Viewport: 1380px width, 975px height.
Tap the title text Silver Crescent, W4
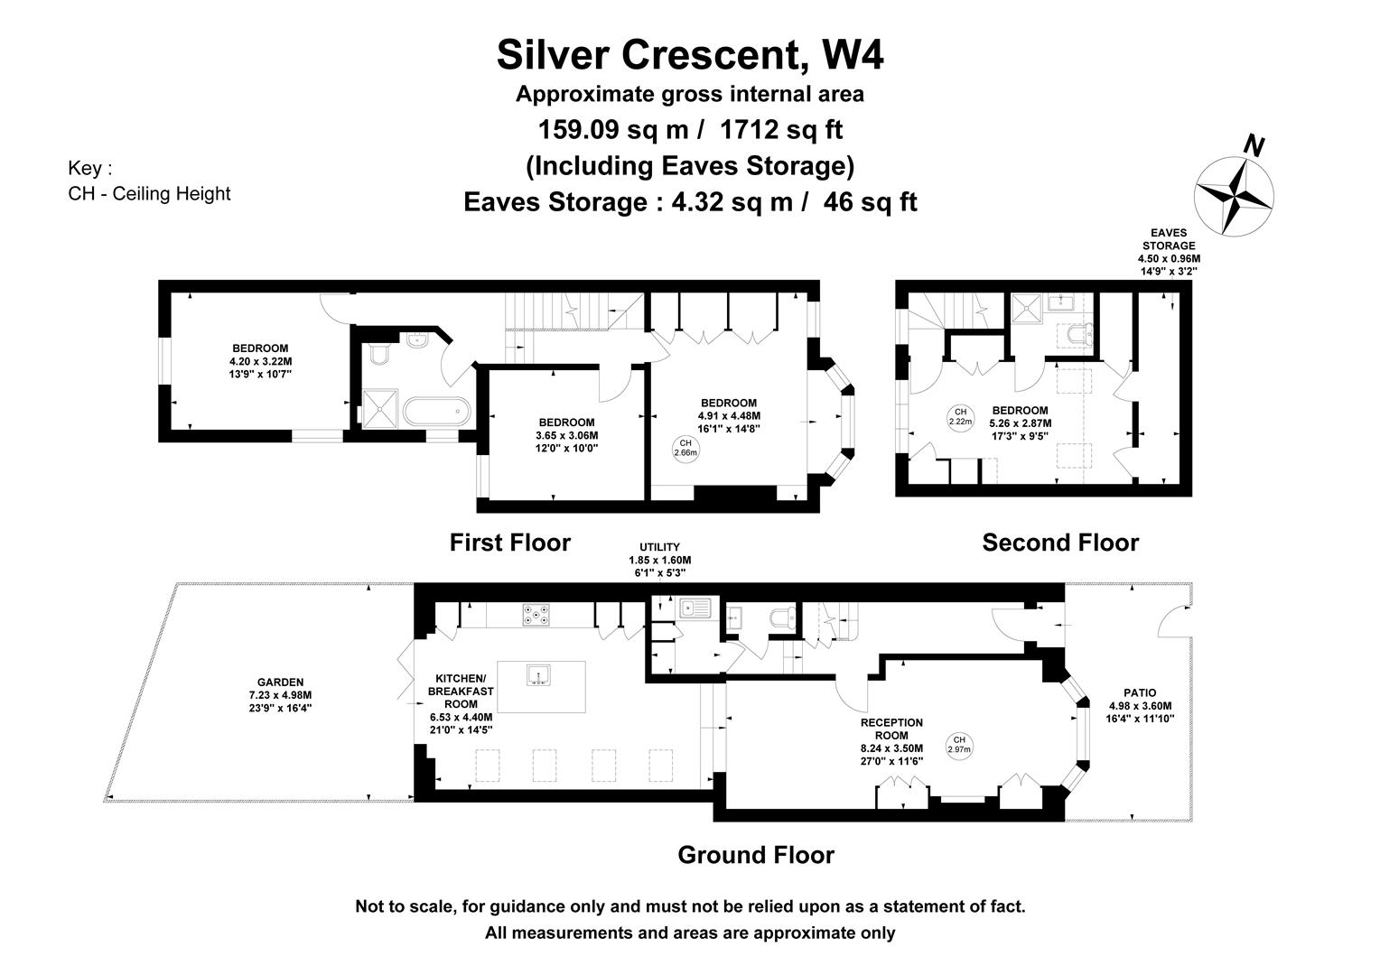(x=690, y=55)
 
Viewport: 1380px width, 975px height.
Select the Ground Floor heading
(x=756, y=855)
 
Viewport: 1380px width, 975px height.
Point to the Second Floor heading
(x=1060, y=543)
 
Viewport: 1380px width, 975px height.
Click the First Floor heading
(x=510, y=543)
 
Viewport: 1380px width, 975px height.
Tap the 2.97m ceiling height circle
(x=959, y=745)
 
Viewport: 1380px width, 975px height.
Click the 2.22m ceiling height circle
(x=960, y=417)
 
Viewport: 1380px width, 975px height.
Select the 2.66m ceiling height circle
(x=685, y=448)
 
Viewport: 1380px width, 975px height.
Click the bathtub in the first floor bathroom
(x=436, y=411)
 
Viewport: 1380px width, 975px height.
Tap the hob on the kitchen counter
(x=536, y=615)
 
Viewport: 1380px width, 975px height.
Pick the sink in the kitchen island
(x=538, y=675)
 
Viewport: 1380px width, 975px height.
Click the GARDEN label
(x=280, y=682)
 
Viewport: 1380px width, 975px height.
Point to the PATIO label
(x=1140, y=693)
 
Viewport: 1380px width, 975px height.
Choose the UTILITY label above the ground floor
(x=660, y=547)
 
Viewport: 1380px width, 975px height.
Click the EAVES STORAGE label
(x=1169, y=239)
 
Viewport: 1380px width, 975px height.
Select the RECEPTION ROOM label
(x=891, y=729)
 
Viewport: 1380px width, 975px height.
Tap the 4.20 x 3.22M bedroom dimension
(x=261, y=361)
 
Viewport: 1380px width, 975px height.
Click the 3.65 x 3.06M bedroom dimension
(x=567, y=435)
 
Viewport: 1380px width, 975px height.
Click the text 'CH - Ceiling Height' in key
(x=149, y=194)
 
